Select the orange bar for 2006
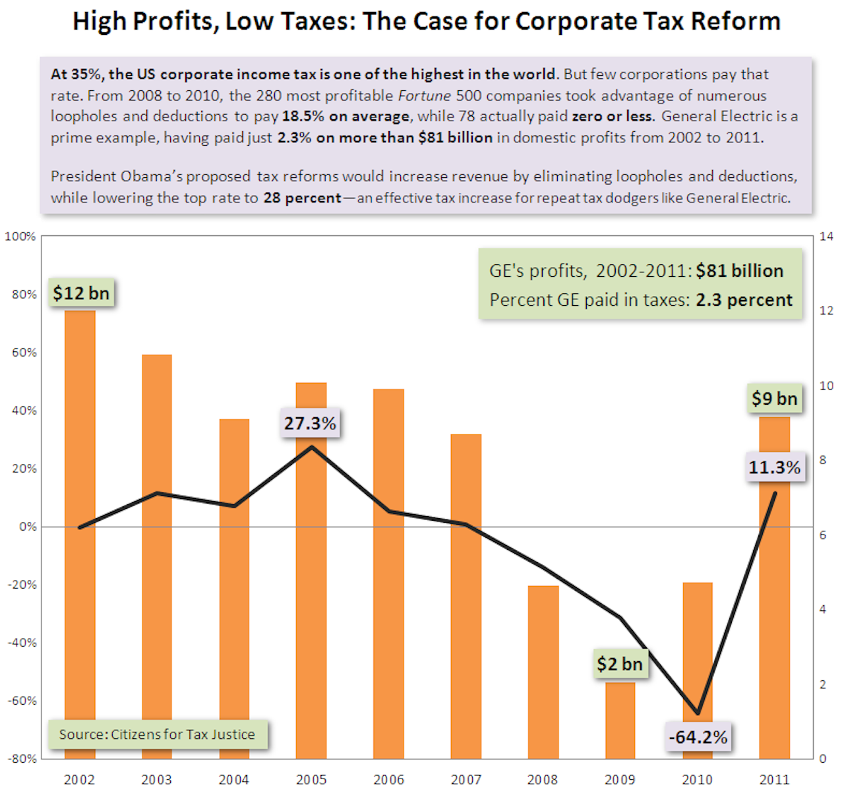click(388, 573)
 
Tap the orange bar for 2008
click(543, 672)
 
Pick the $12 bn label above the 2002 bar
click(81, 293)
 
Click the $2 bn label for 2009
click(619, 663)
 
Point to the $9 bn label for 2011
click(774, 398)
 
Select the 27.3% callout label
click(310, 423)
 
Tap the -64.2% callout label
click(698, 737)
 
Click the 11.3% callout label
click(774, 467)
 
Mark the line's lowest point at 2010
click(698, 713)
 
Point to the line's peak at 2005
click(312, 447)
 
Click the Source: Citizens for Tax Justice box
click(157, 734)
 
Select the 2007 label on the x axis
click(466, 780)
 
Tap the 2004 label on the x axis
click(234, 780)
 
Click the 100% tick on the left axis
click(20, 237)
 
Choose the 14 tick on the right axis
click(826, 237)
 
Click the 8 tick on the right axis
click(823, 460)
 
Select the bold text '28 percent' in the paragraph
click(302, 198)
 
